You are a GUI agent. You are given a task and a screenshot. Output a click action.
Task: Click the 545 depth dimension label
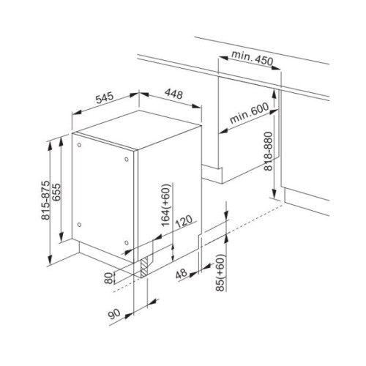coord(105,97)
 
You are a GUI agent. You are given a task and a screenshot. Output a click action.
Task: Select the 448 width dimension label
coord(173,94)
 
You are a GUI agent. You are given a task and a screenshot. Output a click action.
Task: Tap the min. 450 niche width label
coord(252,59)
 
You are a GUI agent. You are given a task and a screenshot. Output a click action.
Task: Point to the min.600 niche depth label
coord(249,113)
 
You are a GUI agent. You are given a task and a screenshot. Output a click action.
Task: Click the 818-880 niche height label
coord(269,151)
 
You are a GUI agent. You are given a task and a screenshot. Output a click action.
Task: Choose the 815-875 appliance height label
coord(45,200)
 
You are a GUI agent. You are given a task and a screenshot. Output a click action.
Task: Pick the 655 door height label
coord(56,192)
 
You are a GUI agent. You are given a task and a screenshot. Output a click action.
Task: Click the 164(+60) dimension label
coord(167,205)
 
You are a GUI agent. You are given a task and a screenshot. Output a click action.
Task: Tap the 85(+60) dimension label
coord(220,272)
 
